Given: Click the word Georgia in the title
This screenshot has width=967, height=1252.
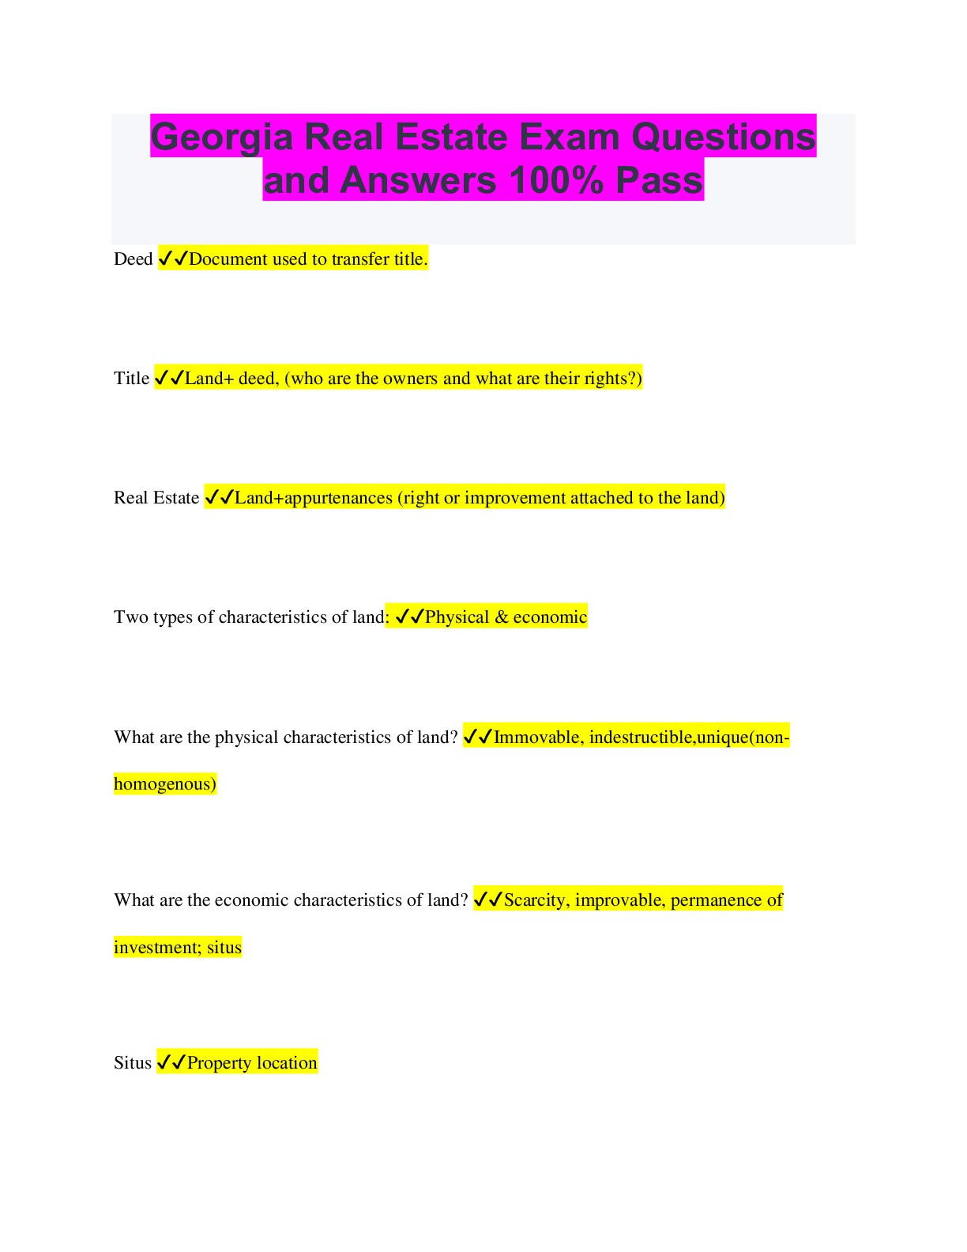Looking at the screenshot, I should click(x=222, y=138).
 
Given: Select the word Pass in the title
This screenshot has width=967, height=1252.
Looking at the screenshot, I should click(x=659, y=180).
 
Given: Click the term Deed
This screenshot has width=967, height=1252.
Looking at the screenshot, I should click(x=133, y=259).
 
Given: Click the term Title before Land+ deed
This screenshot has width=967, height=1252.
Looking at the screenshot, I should click(x=131, y=379).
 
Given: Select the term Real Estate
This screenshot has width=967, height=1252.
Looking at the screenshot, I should click(x=156, y=498).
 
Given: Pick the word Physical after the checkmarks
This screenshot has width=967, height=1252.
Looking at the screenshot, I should click(x=457, y=617).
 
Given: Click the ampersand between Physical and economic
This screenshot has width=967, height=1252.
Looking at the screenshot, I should click(x=501, y=617).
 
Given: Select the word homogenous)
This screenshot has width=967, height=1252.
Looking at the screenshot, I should click(x=165, y=784).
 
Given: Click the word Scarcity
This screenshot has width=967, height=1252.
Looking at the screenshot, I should click(x=536, y=900).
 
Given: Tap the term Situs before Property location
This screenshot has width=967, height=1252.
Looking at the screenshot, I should click(x=132, y=1063).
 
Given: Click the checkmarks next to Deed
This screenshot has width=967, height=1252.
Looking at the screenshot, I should click(x=173, y=258).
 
